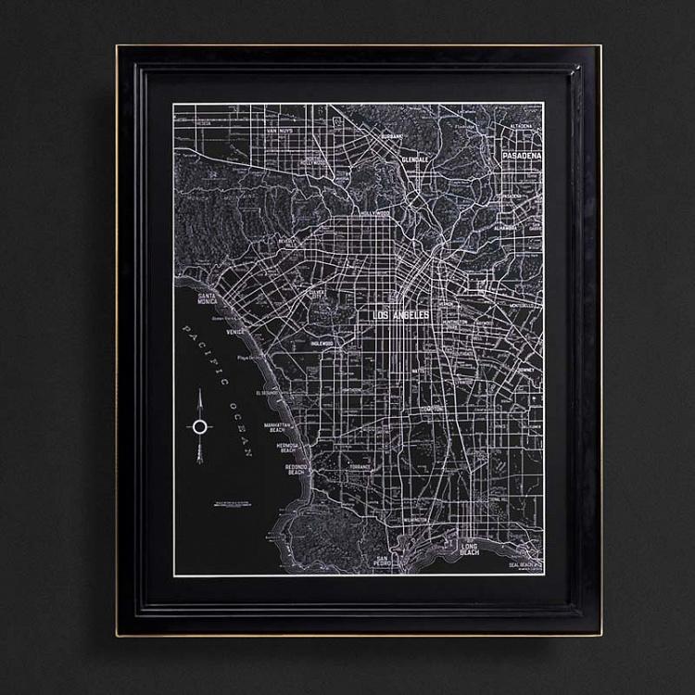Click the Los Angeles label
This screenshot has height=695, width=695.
click(x=401, y=316)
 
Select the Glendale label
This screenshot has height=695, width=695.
click(x=414, y=159)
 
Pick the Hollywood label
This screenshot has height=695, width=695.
click(x=375, y=213)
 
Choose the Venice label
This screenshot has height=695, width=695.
click(x=235, y=330)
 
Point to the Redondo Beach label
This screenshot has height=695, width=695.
click(x=296, y=469)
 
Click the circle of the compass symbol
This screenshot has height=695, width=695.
click(x=199, y=426)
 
